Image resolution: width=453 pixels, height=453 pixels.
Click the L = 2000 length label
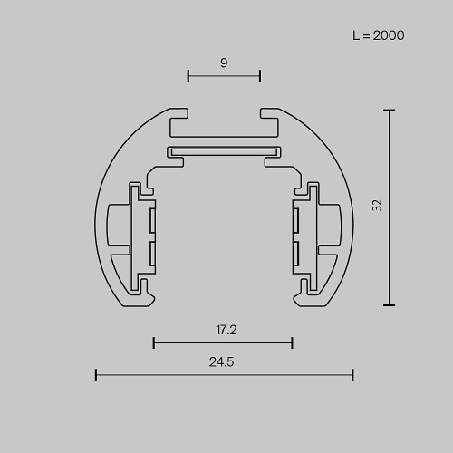coord(378,36)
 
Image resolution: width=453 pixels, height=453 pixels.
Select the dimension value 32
coord(377,206)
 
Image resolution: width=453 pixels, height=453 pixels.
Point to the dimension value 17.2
coord(226,330)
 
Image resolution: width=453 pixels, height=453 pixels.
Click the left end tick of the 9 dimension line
coord(188,75)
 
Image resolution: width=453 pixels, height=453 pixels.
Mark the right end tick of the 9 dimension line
coord(260,75)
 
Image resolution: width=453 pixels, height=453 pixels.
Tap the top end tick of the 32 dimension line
coord(390,111)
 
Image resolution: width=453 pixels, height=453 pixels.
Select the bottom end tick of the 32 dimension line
coord(390,305)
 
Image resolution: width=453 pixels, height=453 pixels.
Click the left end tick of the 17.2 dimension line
coord(154,342)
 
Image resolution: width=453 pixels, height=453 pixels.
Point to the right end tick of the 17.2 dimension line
coord(292,342)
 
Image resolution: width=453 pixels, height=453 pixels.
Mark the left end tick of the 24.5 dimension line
coord(96,374)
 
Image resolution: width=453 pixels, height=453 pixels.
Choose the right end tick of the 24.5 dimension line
coord(352,374)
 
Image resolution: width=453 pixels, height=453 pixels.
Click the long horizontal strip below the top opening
coord(224,149)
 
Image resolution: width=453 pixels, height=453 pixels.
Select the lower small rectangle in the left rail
coord(152,252)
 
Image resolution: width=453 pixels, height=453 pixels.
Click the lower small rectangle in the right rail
coord(295,252)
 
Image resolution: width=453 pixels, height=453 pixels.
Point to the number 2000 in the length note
coord(388,36)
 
